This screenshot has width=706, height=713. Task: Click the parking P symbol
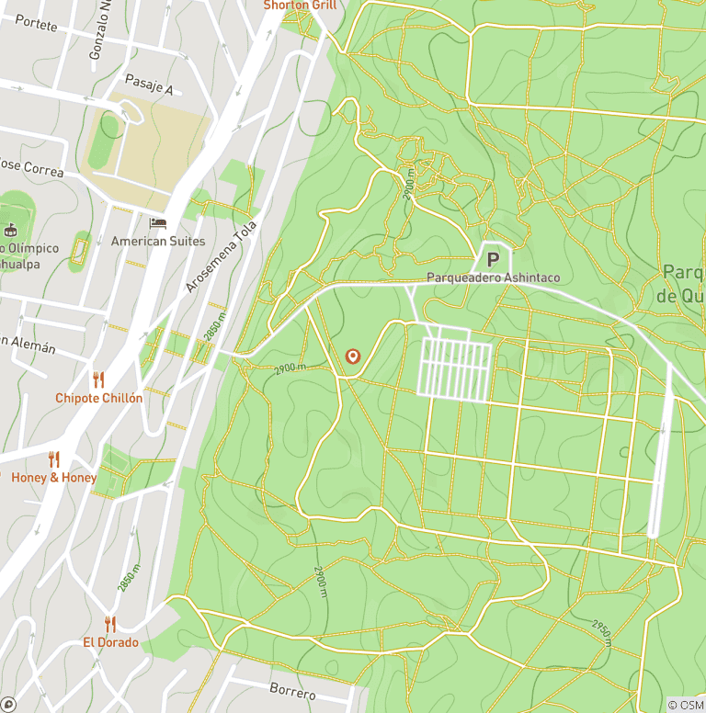click(493, 260)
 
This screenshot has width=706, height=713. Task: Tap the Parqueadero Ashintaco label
click(493, 277)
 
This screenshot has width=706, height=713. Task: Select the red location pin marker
click(352, 356)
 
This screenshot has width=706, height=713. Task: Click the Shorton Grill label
click(300, 6)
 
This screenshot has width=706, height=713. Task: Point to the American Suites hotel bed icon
click(158, 223)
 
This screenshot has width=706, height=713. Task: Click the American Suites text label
click(158, 241)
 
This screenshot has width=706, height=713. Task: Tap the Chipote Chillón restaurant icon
click(98, 379)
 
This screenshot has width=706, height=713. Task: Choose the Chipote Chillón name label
click(98, 398)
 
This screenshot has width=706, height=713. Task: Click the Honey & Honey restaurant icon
click(53, 459)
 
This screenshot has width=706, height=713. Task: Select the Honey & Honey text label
click(53, 478)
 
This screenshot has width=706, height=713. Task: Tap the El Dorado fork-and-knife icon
click(110, 624)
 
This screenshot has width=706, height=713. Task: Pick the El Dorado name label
click(110, 642)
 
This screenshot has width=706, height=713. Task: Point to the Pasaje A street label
click(149, 87)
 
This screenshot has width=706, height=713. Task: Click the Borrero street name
click(292, 691)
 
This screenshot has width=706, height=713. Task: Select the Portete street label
click(36, 24)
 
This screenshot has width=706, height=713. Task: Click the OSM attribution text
click(685, 705)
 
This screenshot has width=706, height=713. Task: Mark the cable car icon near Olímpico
click(11, 230)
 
